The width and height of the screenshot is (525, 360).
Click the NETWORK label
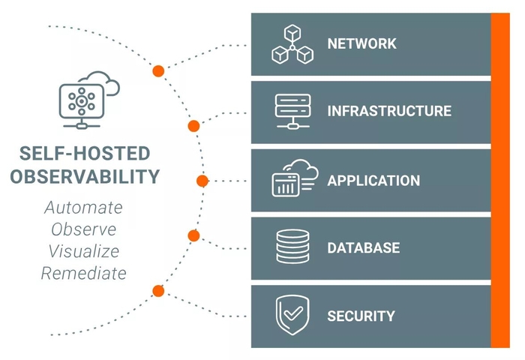coord(361,43)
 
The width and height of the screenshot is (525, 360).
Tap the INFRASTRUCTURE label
coord(388,112)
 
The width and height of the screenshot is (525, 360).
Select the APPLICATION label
coord(373,181)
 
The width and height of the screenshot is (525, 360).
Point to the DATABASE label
coord(363,247)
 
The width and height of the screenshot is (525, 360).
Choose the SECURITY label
coord(360,316)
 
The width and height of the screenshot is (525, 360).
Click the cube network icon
coord(291,44)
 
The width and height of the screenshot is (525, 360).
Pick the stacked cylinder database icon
coord(292,247)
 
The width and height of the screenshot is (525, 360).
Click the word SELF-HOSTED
coord(85,154)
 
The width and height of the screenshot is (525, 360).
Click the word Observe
coord(83,229)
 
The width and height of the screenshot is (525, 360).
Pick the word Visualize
coord(83,250)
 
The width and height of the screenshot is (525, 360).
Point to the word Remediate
coord(83,273)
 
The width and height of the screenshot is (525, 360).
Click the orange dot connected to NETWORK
coord(158,71)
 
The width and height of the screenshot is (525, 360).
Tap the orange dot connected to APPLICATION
coord(202,181)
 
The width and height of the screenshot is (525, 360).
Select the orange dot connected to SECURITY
coord(158,291)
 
